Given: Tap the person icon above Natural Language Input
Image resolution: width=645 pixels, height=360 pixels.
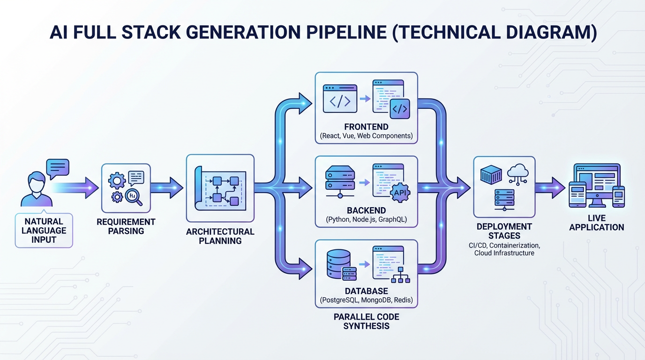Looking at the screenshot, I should (37, 189).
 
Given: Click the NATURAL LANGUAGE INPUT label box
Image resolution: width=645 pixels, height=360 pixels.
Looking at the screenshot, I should (44, 230).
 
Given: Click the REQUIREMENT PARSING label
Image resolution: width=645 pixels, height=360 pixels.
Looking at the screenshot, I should (126, 226).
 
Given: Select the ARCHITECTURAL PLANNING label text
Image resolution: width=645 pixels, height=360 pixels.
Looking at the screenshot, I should (220, 236).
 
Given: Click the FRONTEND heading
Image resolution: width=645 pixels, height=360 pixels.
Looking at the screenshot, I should (366, 127).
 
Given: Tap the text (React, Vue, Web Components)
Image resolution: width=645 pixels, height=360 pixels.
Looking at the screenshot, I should (366, 136).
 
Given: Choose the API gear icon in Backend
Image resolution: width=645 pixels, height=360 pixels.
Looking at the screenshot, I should (399, 192).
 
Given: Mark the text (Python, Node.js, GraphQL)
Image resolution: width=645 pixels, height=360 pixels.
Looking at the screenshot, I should (366, 219).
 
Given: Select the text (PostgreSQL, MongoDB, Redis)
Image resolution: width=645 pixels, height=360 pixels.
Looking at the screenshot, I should (366, 300).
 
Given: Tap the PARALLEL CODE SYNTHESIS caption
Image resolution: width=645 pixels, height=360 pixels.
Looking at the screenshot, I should (366, 321).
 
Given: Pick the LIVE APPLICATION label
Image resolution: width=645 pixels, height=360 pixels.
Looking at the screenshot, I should (596, 223).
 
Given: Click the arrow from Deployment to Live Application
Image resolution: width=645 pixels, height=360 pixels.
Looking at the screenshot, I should (550, 187).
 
